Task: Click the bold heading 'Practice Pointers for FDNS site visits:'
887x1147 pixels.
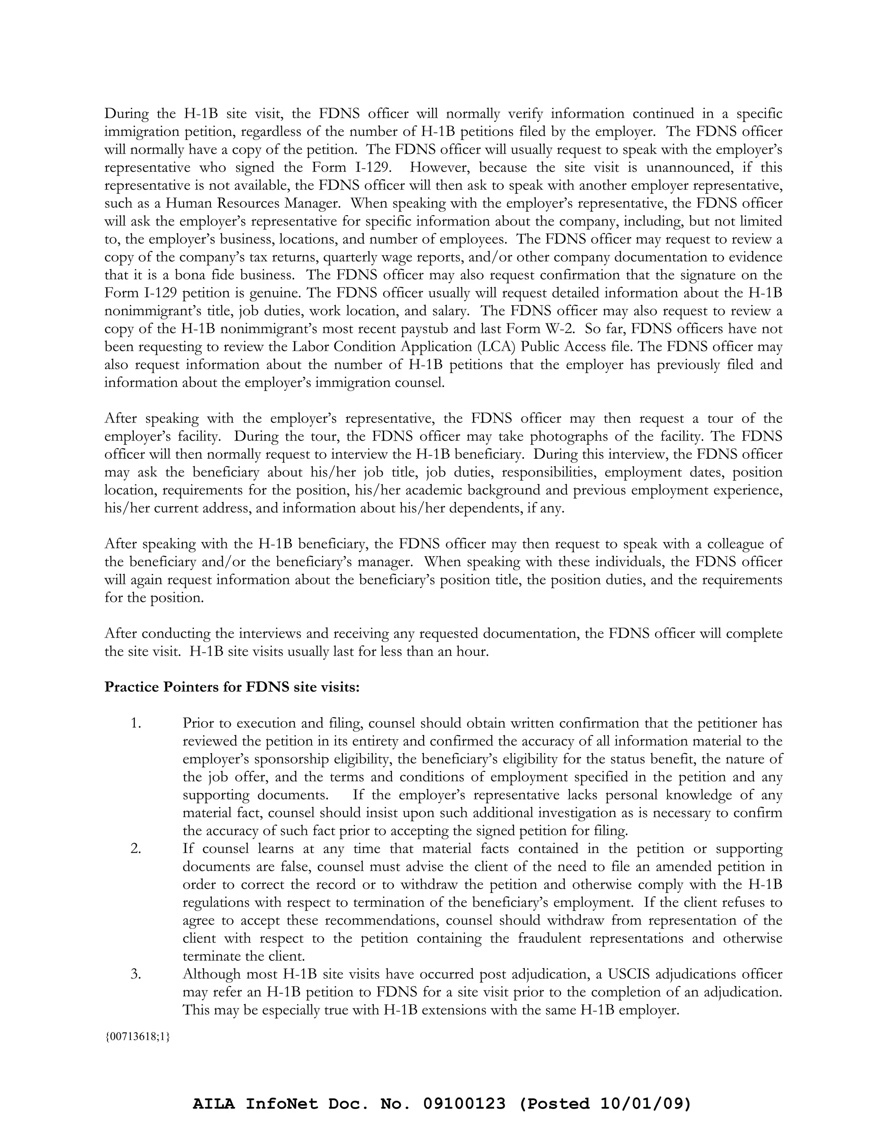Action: (x=232, y=687)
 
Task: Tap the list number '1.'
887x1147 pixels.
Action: (x=136, y=723)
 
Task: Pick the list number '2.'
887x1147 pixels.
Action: (x=136, y=849)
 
